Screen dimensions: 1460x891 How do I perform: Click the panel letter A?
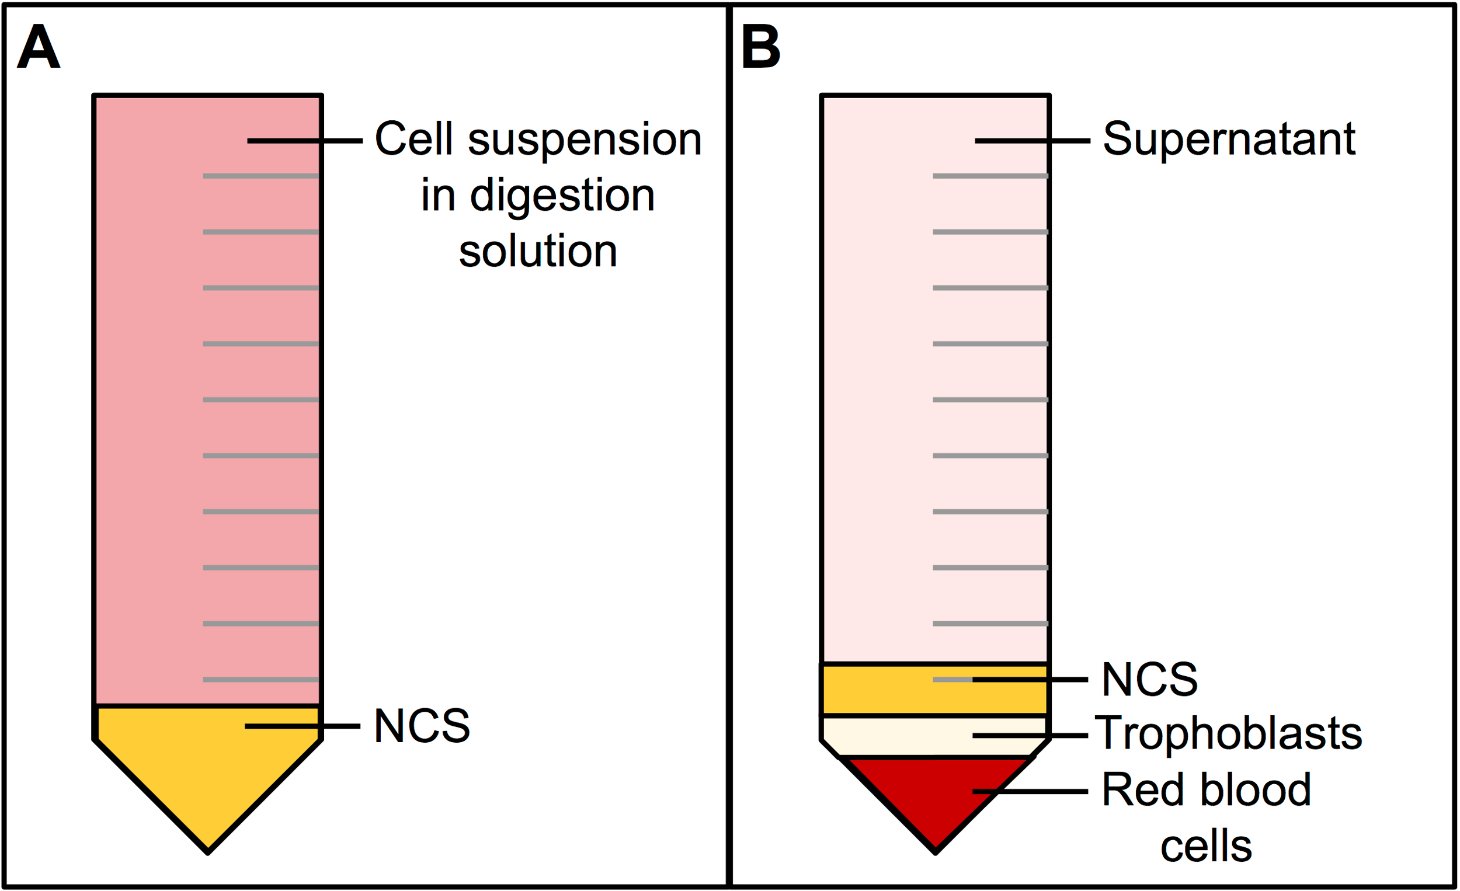point(39,47)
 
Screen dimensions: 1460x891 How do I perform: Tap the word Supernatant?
point(1229,139)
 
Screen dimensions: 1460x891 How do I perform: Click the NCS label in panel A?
point(422,726)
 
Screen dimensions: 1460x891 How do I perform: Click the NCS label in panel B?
point(1149,679)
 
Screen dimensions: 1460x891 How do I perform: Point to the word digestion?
point(562,196)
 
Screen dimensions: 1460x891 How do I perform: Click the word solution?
point(538,251)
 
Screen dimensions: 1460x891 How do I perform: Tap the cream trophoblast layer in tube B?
point(935,736)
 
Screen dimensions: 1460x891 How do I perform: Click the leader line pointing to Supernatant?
point(1032,141)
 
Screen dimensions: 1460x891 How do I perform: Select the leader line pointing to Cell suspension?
point(305,141)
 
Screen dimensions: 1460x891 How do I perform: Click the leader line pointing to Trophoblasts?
point(1030,736)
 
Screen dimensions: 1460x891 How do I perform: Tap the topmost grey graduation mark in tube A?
point(260,176)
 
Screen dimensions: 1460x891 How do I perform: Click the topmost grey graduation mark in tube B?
point(990,176)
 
